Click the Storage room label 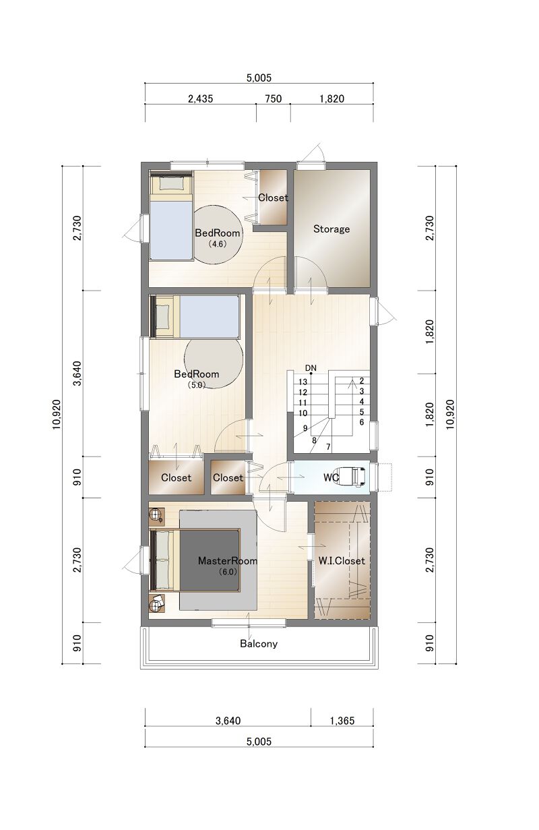tap(331, 229)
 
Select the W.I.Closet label tap(342, 560)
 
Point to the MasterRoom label tap(227, 560)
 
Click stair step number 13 tap(303, 382)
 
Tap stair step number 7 tap(328, 447)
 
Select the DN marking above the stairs tap(311, 368)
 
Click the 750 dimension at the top tap(273, 99)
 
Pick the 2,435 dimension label tap(200, 99)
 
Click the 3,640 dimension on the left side tap(77, 373)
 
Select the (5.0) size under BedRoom tap(196, 384)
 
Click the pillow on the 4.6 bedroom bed tap(172, 183)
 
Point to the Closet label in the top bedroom tap(273, 198)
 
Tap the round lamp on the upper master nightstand tap(156, 514)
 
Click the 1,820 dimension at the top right tap(331, 99)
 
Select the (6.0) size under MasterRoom tap(227, 571)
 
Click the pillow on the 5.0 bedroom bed tap(163, 317)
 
